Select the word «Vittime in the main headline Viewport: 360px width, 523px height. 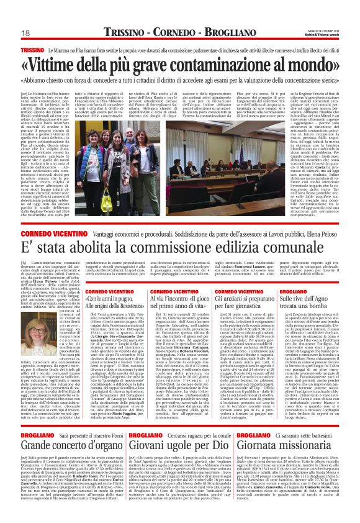coord(69,65)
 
